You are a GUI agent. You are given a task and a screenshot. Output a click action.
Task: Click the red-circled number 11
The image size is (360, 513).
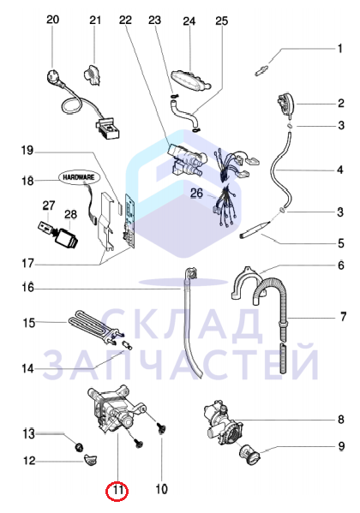click(117, 491)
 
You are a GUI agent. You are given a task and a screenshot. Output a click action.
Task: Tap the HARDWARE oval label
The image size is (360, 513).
click(78, 177)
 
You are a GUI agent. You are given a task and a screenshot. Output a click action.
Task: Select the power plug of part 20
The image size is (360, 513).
click(54, 77)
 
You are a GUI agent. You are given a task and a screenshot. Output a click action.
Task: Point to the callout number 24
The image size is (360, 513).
click(189, 21)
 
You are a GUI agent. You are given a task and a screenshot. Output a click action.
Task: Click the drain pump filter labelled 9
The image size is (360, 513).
click(249, 454)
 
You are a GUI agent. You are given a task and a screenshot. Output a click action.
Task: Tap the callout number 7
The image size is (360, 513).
click(343, 317)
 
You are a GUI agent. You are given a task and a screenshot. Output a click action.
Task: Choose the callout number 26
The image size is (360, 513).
click(196, 193)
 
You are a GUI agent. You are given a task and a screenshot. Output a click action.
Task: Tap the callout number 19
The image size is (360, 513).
click(27, 151)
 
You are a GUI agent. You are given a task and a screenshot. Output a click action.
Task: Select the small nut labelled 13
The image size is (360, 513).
click(79, 446)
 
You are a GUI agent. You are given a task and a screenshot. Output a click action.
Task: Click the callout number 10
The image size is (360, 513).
click(161, 489)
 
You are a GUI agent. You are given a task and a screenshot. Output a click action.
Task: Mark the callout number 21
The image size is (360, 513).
click(95, 21)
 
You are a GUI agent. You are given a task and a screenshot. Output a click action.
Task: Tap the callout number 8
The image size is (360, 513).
click(341, 419)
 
